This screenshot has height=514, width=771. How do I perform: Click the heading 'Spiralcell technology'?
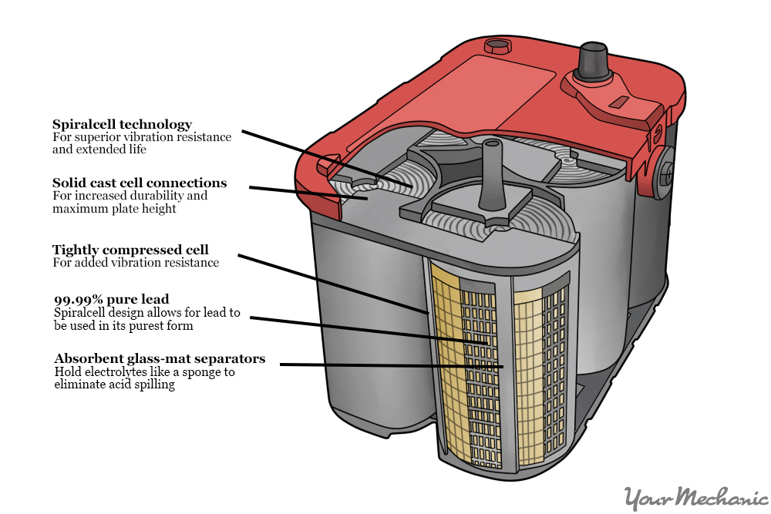click(122, 124)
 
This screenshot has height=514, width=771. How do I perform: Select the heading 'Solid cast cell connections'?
click(140, 183)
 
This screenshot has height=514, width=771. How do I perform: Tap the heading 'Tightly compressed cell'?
click(130, 250)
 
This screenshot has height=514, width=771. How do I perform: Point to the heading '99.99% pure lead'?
click(111, 299)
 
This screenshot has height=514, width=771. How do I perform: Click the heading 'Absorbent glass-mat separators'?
click(160, 358)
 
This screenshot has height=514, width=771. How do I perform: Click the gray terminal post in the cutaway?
click(491, 173)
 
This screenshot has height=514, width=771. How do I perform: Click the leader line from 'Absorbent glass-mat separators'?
click(385, 365)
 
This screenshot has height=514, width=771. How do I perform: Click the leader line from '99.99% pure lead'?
click(362, 330)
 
